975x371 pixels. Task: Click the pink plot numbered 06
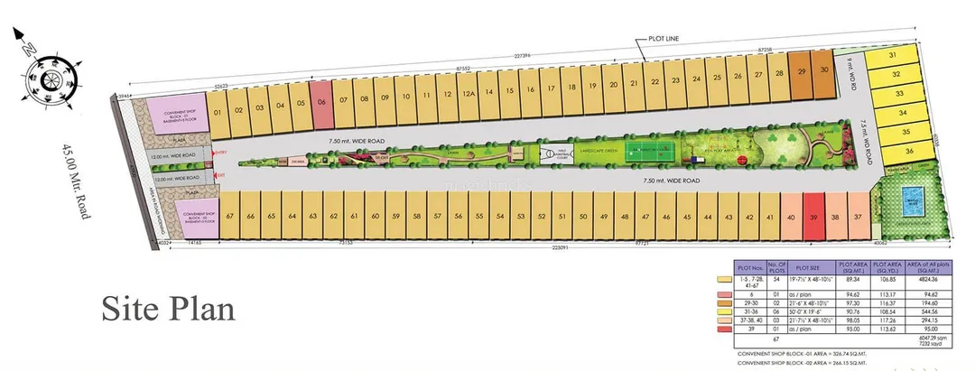[321, 103]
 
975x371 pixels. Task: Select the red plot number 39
[813, 218]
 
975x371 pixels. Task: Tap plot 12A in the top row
[467, 94]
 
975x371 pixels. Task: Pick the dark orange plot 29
[802, 70]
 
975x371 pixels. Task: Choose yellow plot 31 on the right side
[893, 56]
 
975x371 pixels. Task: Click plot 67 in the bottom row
[230, 217]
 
